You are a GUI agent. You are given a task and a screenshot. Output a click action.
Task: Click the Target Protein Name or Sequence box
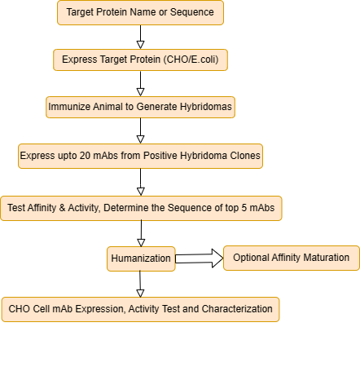(x=140, y=12)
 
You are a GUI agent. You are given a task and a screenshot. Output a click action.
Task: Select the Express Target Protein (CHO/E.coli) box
(x=140, y=60)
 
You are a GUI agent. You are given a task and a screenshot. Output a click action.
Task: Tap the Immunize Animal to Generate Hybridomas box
(x=140, y=107)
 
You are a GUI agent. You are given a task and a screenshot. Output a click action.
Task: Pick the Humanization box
(x=141, y=258)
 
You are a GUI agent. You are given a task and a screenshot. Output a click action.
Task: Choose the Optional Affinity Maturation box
(x=292, y=258)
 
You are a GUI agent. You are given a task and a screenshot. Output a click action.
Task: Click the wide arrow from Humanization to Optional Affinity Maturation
(x=200, y=258)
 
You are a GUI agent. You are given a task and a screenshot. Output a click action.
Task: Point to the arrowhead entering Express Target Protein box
(x=140, y=45)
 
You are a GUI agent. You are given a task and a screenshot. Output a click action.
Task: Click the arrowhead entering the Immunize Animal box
(x=140, y=92)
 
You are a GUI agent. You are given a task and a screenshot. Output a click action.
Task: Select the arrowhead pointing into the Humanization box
(x=141, y=243)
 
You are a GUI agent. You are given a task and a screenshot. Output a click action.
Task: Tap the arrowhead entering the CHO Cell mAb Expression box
(x=140, y=294)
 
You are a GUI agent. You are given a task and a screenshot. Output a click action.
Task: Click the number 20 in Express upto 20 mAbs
(x=85, y=156)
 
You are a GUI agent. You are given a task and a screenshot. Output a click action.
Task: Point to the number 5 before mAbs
(x=244, y=208)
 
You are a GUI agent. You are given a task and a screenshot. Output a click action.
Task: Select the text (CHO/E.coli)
(x=191, y=60)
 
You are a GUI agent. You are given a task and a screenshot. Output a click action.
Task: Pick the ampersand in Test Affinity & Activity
(x=62, y=208)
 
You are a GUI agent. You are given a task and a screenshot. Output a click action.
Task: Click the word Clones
(x=245, y=156)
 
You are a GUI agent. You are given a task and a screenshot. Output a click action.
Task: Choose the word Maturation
(x=326, y=258)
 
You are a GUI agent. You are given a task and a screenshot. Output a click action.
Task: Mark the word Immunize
(x=69, y=107)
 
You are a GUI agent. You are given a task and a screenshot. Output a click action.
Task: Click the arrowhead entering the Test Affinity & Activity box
(x=141, y=192)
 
